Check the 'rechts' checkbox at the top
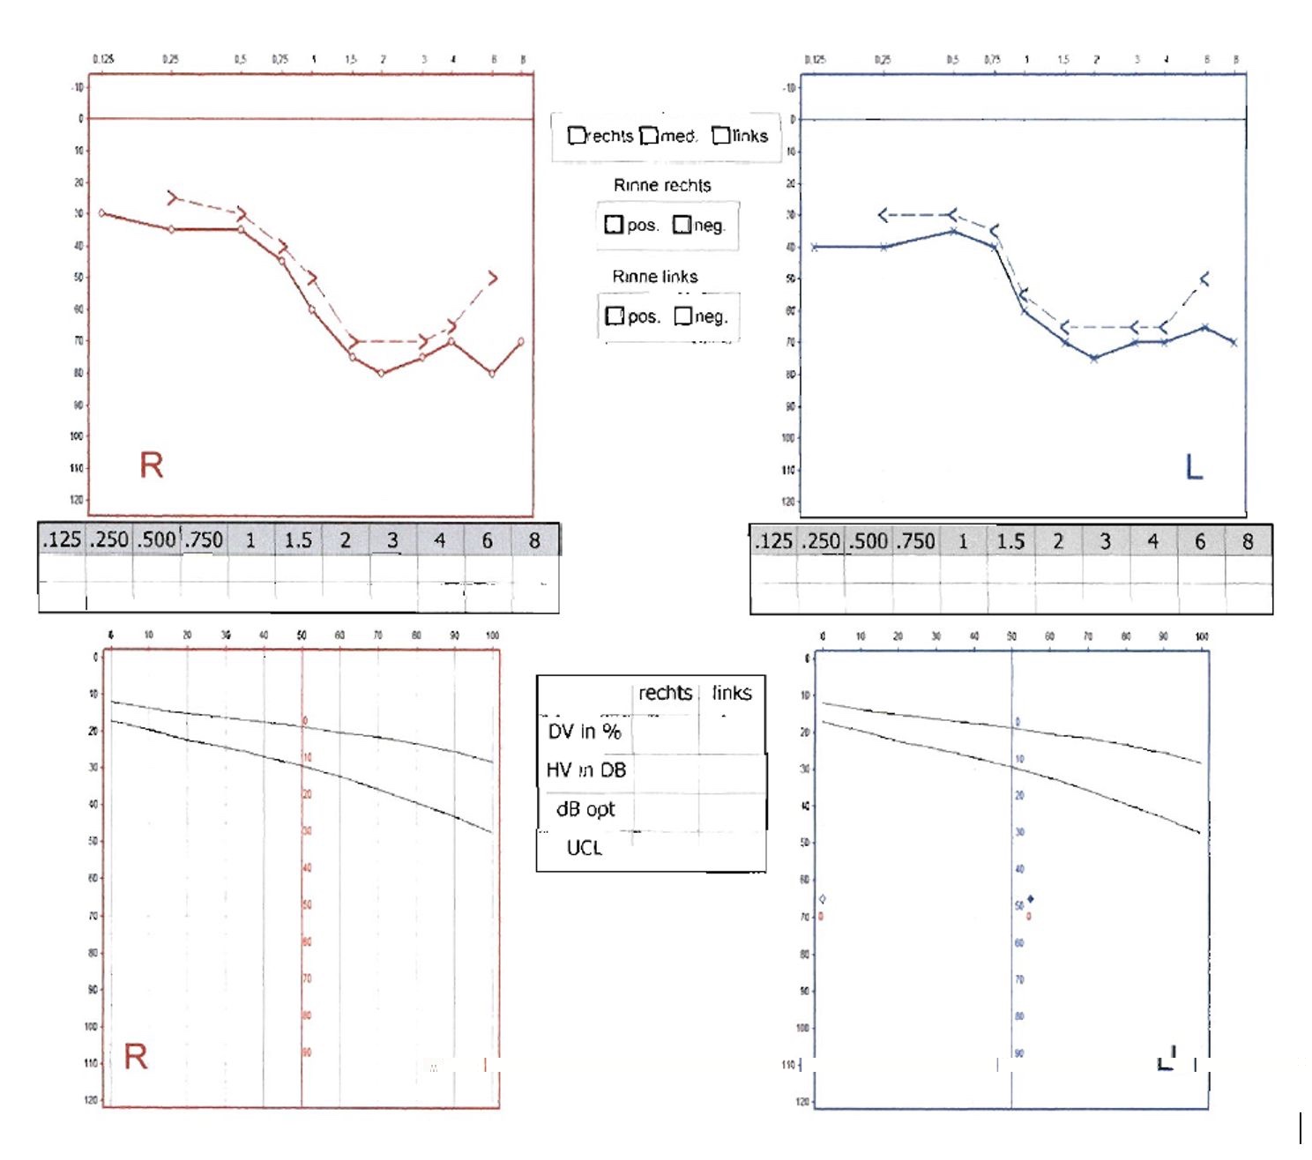tap(577, 136)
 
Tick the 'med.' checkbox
tap(649, 136)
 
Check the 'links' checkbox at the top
tap(720, 136)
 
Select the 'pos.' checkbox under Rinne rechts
tap(614, 225)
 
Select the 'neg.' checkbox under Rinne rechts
tap(682, 225)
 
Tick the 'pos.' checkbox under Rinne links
tap(615, 316)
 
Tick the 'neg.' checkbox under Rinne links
tap(682, 316)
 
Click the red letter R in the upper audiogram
tap(152, 465)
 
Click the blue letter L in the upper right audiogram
tap(1194, 466)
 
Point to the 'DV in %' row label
tap(585, 732)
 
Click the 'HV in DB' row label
tap(586, 770)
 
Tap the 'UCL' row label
tap(584, 848)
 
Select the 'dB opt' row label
tap(585, 809)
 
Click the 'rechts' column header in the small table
tap(665, 693)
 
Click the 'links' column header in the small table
tap(732, 693)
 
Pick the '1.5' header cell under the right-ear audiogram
tap(298, 540)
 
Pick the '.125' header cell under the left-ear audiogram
tap(773, 541)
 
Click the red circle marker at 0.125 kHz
tap(102, 213)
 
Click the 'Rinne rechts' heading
tap(662, 185)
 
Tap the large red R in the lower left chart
tap(136, 1056)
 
